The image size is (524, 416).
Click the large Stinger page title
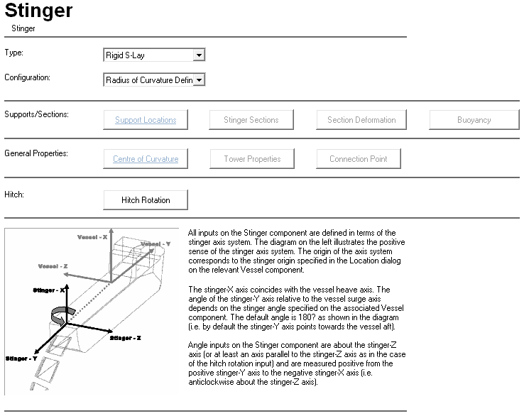pyautogui.click(x=38, y=11)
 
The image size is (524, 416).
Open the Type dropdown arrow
pyautogui.click(x=199, y=55)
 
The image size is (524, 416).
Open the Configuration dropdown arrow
pyautogui.click(x=199, y=80)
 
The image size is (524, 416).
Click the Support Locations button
pyautogui.click(x=146, y=120)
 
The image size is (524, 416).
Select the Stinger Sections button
pyautogui.click(x=251, y=120)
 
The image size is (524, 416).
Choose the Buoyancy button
pyautogui.click(x=474, y=120)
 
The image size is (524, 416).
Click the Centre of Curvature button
pyautogui.click(x=146, y=159)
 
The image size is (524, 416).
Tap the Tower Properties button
pyautogui.click(x=252, y=159)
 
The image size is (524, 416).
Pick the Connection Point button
pyautogui.click(x=359, y=159)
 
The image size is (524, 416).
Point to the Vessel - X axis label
pyautogui.click(x=93, y=235)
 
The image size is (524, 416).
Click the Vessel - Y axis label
pyautogui.click(x=155, y=244)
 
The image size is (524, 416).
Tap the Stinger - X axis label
pyautogui.click(x=50, y=290)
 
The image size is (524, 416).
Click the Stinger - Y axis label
pyautogui.click(x=22, y=358)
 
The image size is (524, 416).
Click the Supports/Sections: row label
pyautogui.click(x=36, y=114)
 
